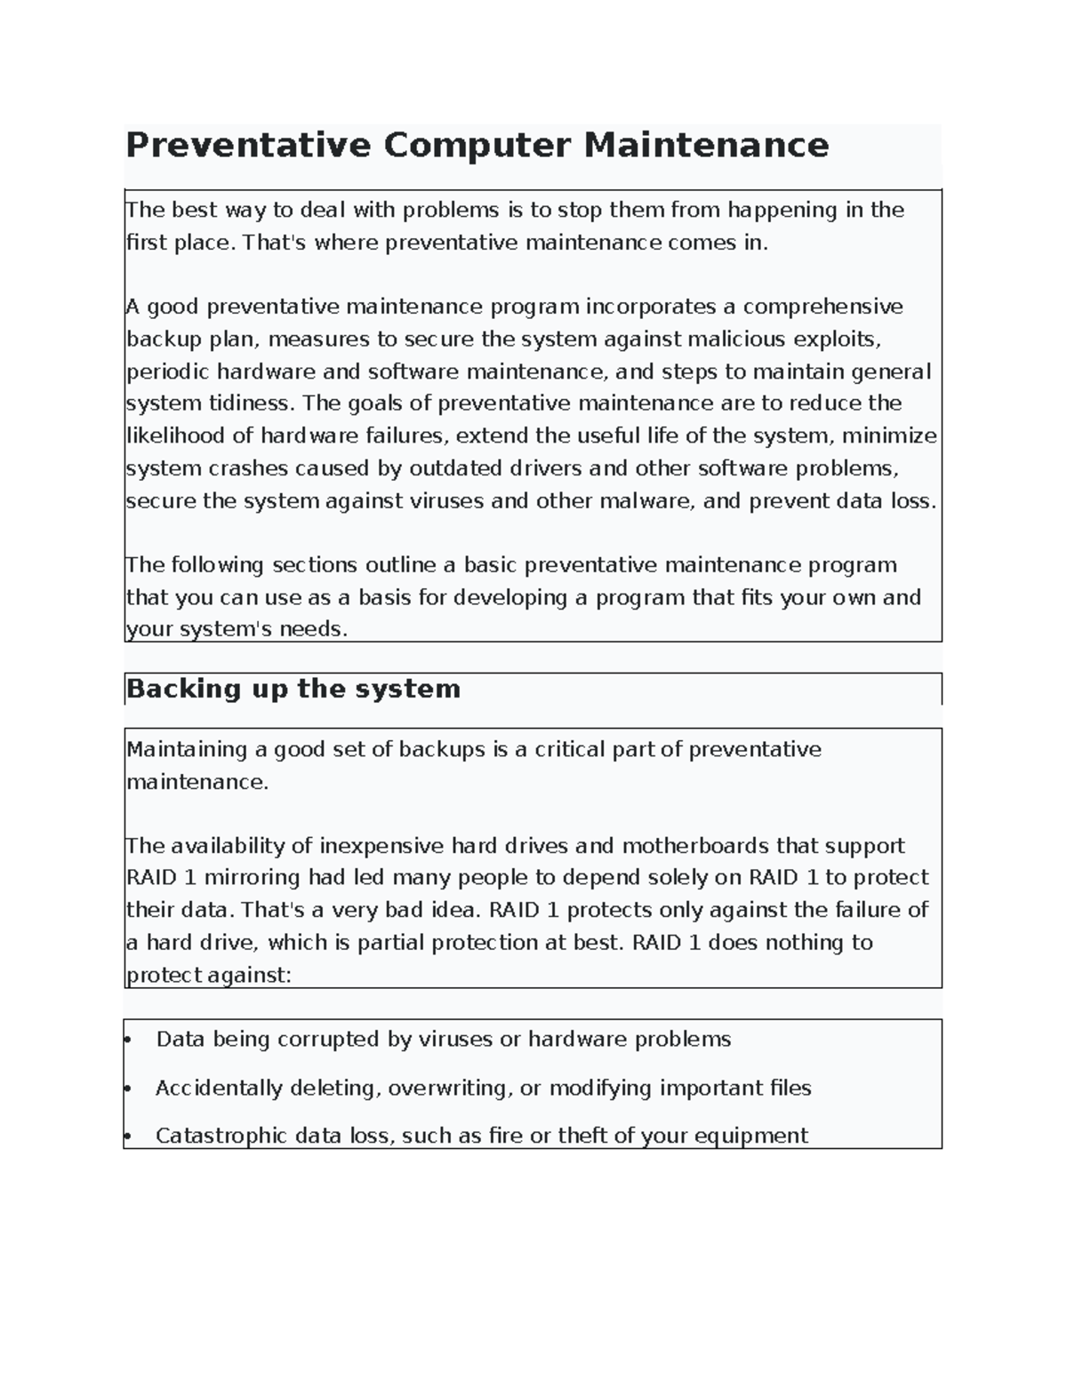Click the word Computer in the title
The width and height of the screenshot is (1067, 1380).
477,145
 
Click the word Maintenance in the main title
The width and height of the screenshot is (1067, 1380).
706,145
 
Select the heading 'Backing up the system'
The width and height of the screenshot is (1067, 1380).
293,689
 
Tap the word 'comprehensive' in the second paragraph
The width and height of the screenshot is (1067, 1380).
822,307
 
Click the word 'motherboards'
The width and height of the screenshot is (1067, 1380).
695,846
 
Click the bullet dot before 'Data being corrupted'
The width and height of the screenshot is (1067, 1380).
129,1039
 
